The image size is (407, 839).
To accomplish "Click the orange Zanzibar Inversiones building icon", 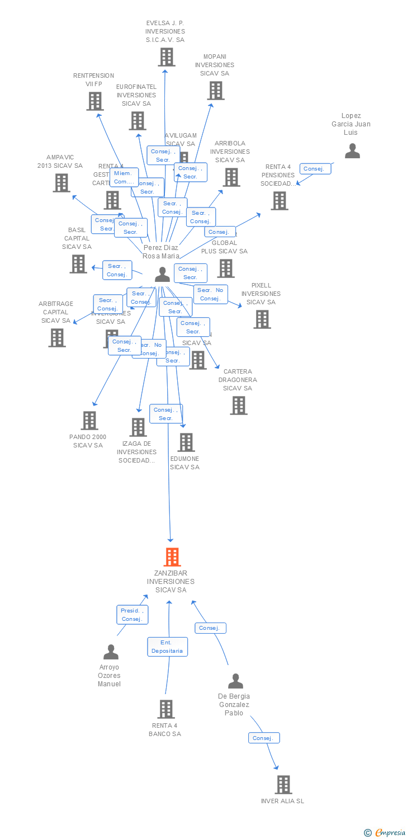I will point(172,557).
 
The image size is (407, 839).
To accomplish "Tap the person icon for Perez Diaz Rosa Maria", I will point(162,274).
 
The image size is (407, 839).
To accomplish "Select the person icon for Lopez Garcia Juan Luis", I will point(352,151).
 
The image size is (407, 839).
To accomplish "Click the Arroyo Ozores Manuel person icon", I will point(111,652).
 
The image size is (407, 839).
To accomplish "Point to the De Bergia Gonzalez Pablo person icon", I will point(235,681).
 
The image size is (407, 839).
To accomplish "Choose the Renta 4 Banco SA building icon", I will point(166,709).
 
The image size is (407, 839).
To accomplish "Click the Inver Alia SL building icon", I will point(283,785).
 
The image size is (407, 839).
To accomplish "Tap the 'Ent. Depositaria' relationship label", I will point(168,647).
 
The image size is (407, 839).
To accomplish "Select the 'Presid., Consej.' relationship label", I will point(132,615).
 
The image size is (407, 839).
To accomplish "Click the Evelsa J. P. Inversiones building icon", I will point(166,57).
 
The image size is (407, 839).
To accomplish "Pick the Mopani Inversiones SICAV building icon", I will point(216,91).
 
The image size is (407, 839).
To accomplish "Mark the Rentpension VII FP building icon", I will point(95,101).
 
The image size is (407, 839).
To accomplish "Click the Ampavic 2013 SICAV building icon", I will point(61,183).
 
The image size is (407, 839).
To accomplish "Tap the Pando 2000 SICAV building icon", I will point(89,421).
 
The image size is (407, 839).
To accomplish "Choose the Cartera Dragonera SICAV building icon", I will point(239,406).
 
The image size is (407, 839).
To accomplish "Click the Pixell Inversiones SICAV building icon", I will point(262,319).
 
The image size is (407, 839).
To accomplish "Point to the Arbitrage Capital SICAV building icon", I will point(57,338).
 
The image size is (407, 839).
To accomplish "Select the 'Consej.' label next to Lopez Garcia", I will point(315,169).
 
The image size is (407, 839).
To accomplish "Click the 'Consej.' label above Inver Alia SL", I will point(263,738).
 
